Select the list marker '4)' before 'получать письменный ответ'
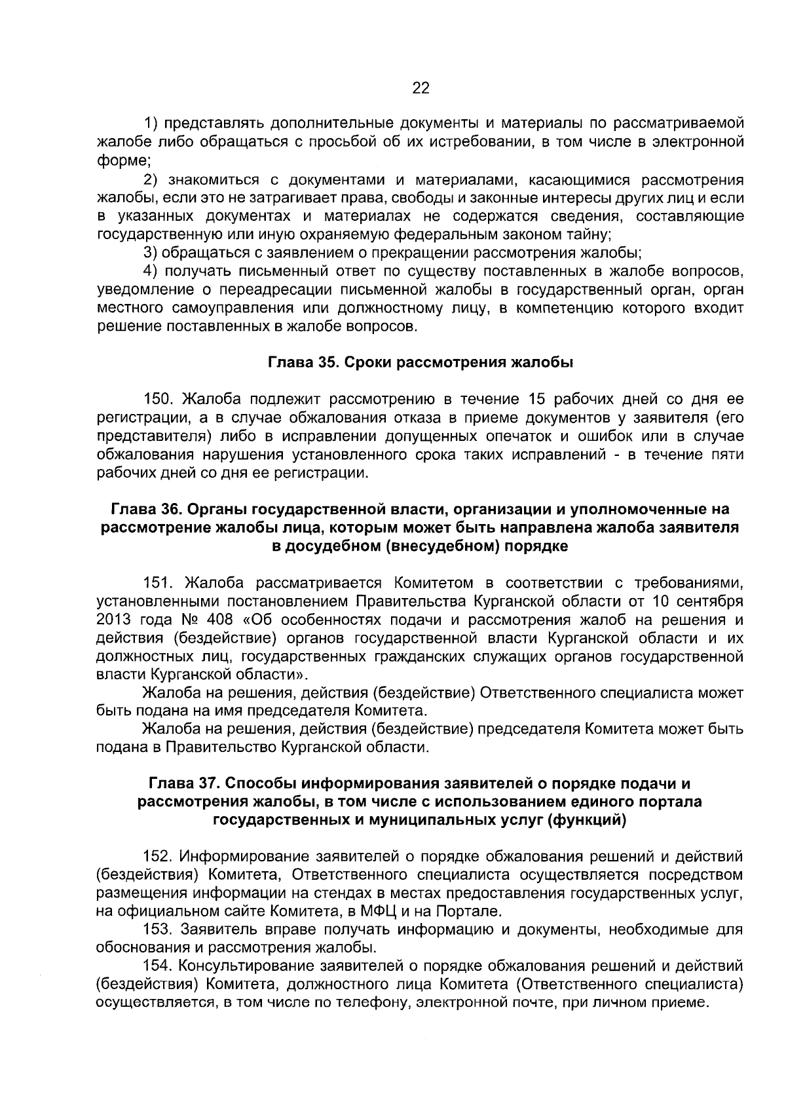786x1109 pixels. pyautogui.click(x=151, y=271)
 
